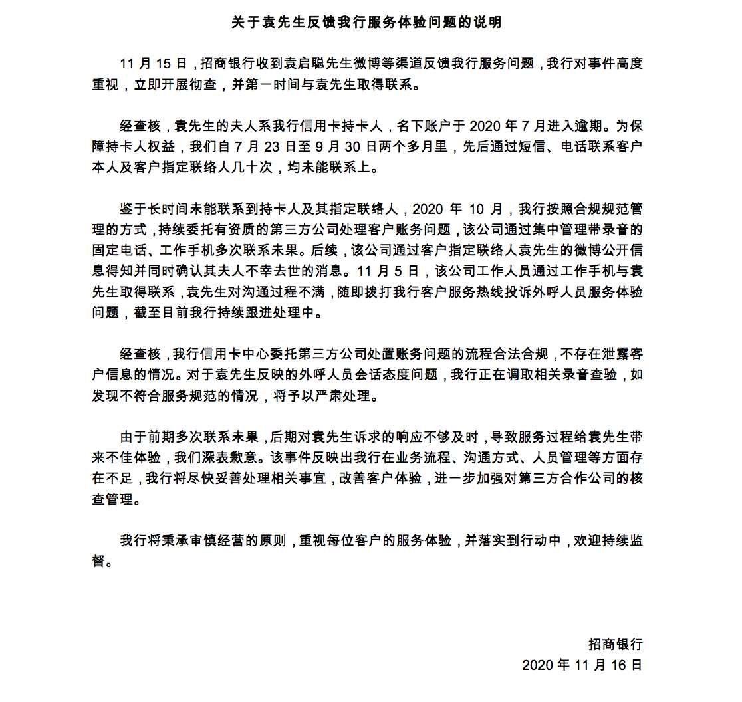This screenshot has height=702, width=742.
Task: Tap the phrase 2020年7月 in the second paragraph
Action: coord(503,126)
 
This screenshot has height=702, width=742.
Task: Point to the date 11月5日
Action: coord(388,272)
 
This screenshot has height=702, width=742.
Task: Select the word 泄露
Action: coord(597,354)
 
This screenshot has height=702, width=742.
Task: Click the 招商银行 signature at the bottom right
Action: coord(615,644)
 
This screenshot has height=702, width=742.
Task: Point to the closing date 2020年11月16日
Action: coord(582,665)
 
